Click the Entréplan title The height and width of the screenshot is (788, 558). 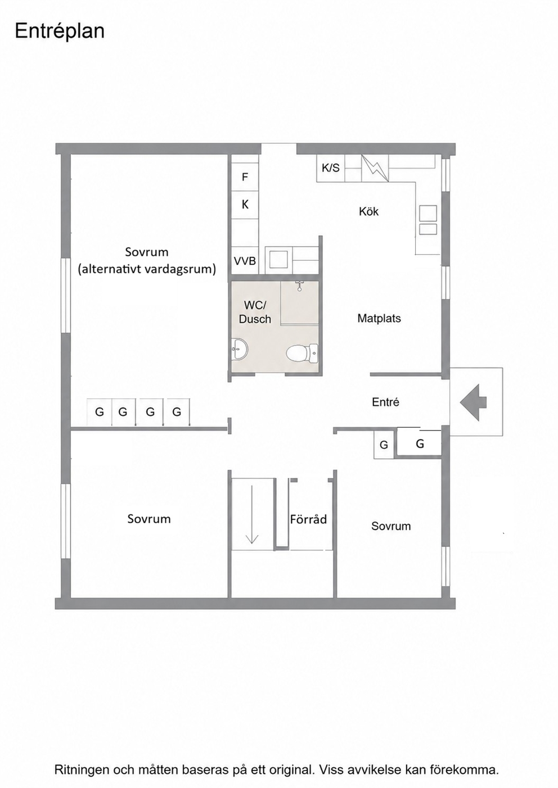(60, 31)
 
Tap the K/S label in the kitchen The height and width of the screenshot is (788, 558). (331, 168)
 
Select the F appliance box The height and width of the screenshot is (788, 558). (245, 176)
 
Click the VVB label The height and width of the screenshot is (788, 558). (245, 261)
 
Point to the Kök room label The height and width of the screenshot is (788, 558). (368, 211)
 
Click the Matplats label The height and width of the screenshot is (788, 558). (379, 318)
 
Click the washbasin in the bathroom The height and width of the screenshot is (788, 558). (240, 350)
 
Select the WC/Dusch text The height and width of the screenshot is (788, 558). (255, 312)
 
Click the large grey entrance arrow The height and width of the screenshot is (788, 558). (473, 402)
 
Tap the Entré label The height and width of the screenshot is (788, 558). (385, 402)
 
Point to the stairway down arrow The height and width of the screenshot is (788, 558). (252, 514)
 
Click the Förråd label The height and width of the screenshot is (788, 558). (308, 519)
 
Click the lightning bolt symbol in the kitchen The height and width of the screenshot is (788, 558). (375, 168)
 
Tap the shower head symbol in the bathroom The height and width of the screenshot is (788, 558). (300, 286)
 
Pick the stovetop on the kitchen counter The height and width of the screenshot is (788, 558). (428, 220)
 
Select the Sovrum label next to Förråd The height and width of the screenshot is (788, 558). (391, 526)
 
